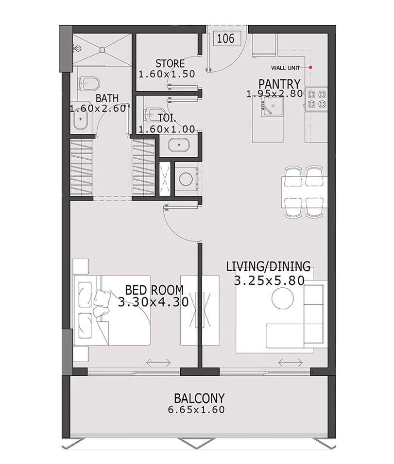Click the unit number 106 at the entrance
click(x=226, y=38)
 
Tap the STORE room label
click(x=170, y=64)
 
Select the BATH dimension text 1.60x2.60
click(x=98, y=108)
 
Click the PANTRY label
click(x=279, y=83)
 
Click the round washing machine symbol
click(x=186, y=179)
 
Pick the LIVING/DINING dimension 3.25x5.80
click(x=269, y=280)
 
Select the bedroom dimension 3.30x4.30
click(x=153, y=302)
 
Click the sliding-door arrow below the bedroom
click(x=158, y=362)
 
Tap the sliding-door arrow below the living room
click(x=290, y=362)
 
